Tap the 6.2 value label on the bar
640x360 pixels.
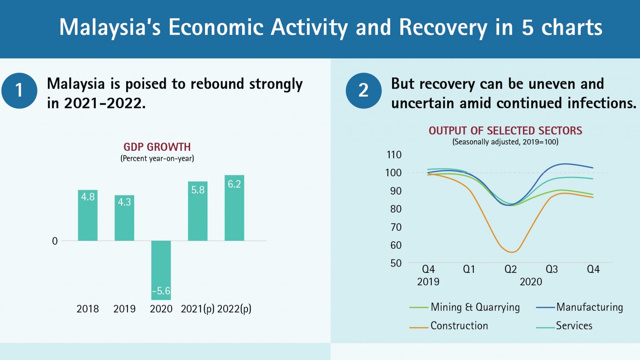point(234,184)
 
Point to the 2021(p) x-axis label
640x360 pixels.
point(197,309)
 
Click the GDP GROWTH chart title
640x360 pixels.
point(157,147)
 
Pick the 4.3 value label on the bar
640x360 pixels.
point(124,202)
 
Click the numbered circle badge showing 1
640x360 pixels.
point(19,90)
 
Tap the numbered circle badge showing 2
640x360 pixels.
point(363,90)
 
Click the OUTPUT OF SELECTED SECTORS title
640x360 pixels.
point(505,131)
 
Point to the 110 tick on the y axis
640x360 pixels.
point(394,155)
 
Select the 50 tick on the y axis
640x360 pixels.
point(396,263)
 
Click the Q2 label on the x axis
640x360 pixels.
point(510,269)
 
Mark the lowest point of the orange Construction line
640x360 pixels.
point(512,252)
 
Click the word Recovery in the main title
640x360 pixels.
point(443,27)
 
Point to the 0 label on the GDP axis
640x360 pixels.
point(55,241)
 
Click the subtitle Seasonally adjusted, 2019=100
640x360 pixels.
point(505,142)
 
